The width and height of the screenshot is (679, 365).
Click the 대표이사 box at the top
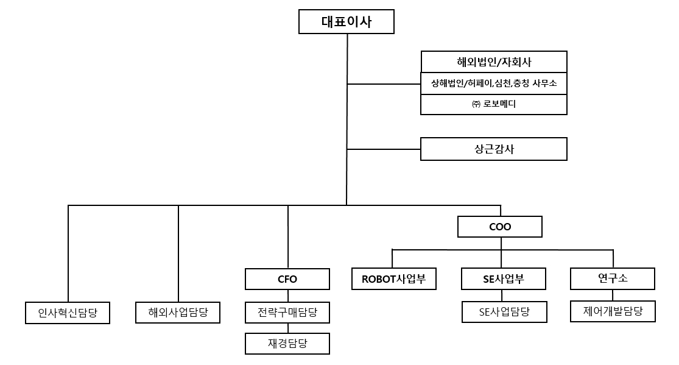coord(347,23)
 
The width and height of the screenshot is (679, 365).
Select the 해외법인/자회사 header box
coord(494,62)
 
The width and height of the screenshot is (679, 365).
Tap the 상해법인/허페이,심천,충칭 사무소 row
coord(494,83)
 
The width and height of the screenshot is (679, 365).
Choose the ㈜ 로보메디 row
coord(494,104)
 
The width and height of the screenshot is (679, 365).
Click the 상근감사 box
coord(494,149)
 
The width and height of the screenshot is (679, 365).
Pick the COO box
coord(500,227)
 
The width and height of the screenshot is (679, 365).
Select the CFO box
coord(287,279)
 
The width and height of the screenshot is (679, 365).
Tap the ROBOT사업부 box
coord(394,279)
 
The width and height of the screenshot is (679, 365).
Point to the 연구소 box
coord(613,278)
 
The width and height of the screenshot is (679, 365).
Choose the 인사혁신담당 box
coord(68,313)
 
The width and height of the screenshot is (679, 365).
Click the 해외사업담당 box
coord(178,313)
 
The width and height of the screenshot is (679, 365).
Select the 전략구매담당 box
coord(287,313)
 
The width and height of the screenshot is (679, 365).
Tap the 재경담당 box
coord(287,343)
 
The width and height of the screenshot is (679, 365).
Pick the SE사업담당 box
coord(504,312)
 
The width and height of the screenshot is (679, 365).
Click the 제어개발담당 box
coord(613,311)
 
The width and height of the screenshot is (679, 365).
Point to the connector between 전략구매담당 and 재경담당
coord(287,328)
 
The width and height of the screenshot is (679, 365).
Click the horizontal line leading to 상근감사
coord(384,149)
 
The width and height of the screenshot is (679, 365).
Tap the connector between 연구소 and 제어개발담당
coord(613,295)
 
